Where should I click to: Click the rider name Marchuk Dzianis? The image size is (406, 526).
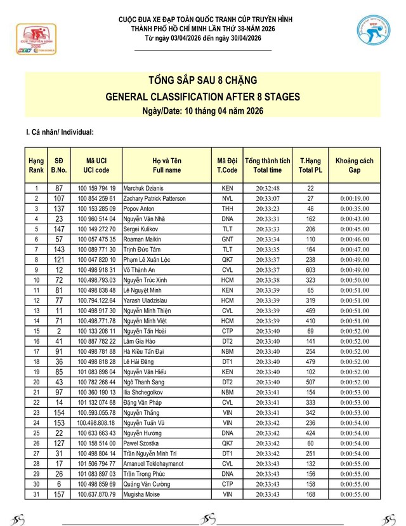click(x=146, y=189)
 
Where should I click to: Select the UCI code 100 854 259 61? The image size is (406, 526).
click(x=96, y=199)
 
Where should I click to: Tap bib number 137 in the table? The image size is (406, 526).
click(x=59, y=209)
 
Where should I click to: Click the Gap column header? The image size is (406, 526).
click(x=354, y=166)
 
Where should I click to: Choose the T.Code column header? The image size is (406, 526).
click(x=227, y=166)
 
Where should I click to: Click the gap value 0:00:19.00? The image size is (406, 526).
click(x=354, y=199)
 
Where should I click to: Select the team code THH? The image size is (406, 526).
click(x=227, y=209)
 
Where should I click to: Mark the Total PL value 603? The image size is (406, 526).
click(x=311, y=270)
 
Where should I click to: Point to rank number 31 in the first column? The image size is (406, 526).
click(x=36, y=494)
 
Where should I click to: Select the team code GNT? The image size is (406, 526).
click(x=227, y=239)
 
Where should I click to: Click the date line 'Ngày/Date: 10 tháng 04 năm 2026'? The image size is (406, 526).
click(x=202, y=111)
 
